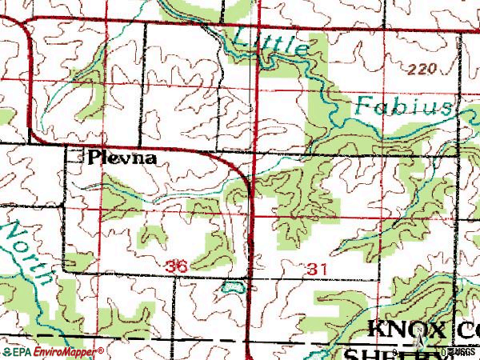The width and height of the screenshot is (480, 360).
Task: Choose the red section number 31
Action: coord(316,270)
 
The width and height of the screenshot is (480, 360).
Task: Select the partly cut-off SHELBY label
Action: coord(400,353)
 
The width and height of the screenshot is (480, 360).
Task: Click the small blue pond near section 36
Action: coord(234,285)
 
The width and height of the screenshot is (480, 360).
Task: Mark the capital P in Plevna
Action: coord(95,158)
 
